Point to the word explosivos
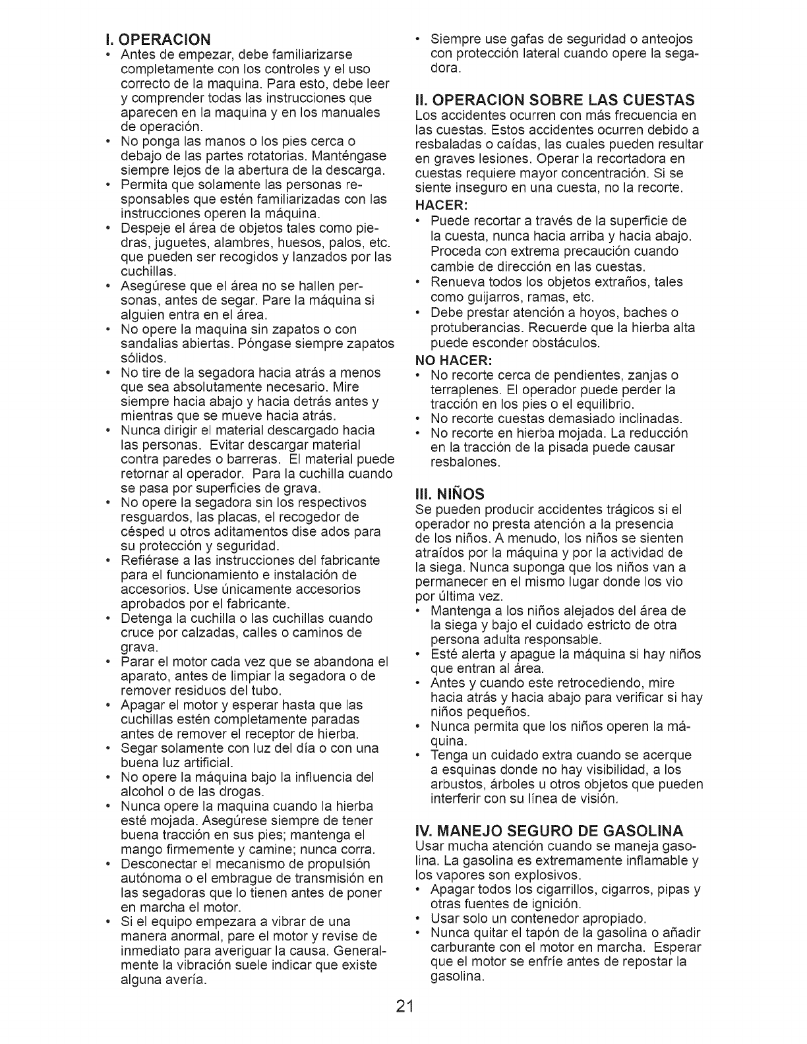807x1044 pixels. (x=546, y=875)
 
